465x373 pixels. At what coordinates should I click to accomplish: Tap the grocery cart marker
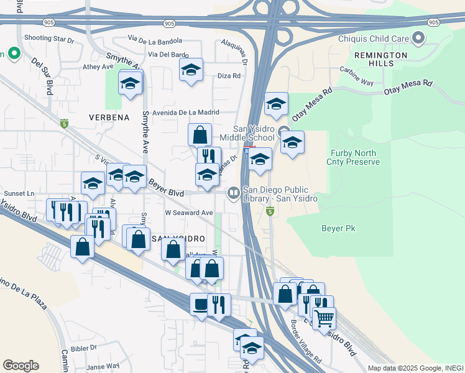point(324,318)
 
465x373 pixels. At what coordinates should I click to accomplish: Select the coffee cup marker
point(201,305)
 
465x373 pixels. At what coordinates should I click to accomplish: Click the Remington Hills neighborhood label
point(381,59)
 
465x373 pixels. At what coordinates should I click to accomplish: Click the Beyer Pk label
point(338,229)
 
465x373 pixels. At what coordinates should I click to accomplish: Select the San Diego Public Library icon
point(234,193)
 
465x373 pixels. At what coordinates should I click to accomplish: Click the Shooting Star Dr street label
point(48,39)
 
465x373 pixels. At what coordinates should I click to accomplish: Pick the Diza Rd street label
point(229,76)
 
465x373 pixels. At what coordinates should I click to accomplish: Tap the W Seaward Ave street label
point(189,212)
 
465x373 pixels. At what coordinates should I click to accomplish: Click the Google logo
point(21,366)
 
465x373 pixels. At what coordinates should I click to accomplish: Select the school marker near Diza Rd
point(191,70)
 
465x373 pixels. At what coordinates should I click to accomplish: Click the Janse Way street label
point(103,367)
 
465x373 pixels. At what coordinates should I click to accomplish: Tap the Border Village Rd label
point(306,342)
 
